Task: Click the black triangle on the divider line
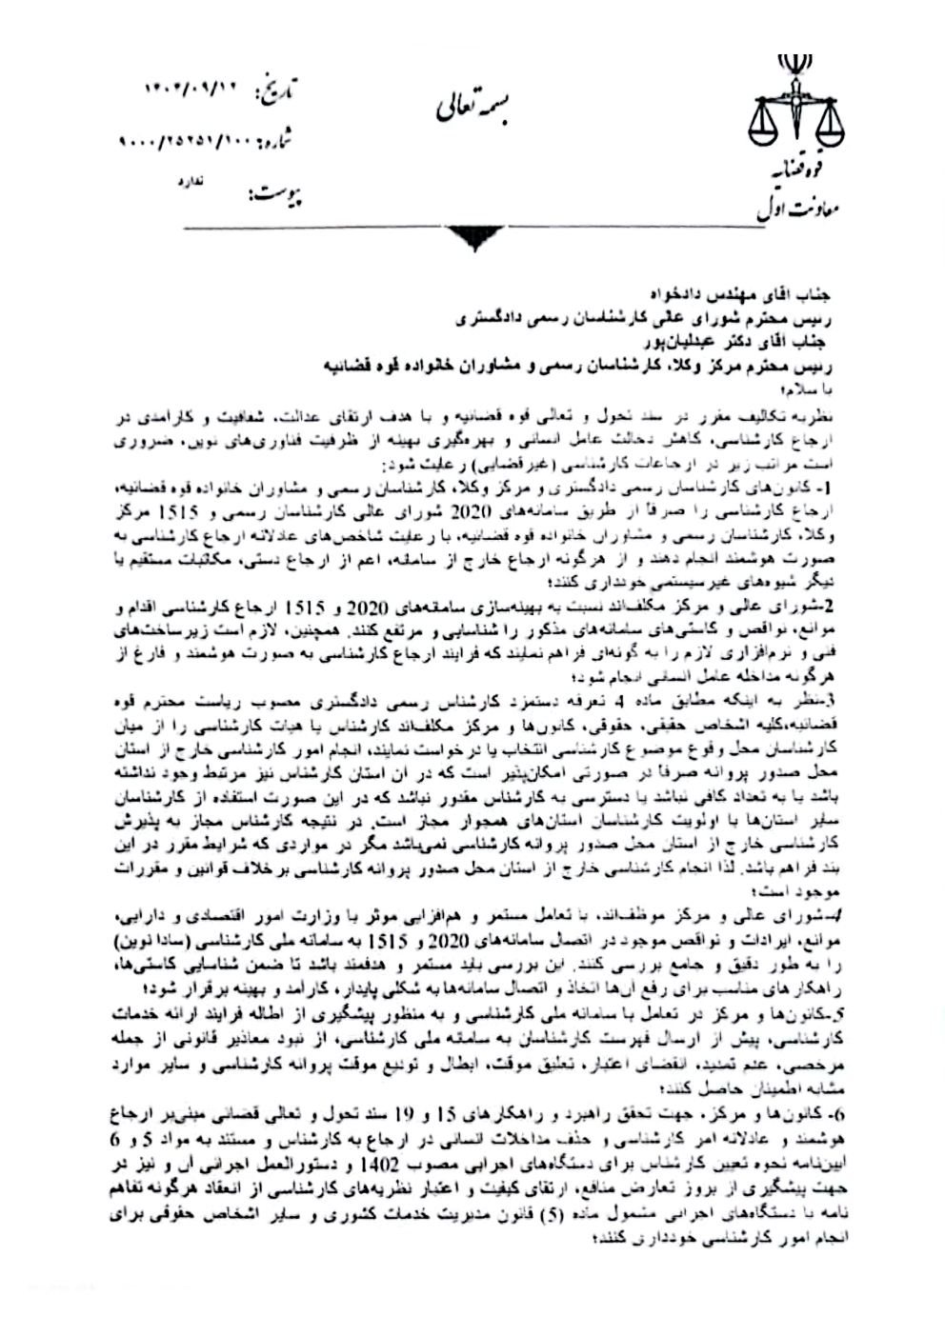[x=472, y=238]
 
